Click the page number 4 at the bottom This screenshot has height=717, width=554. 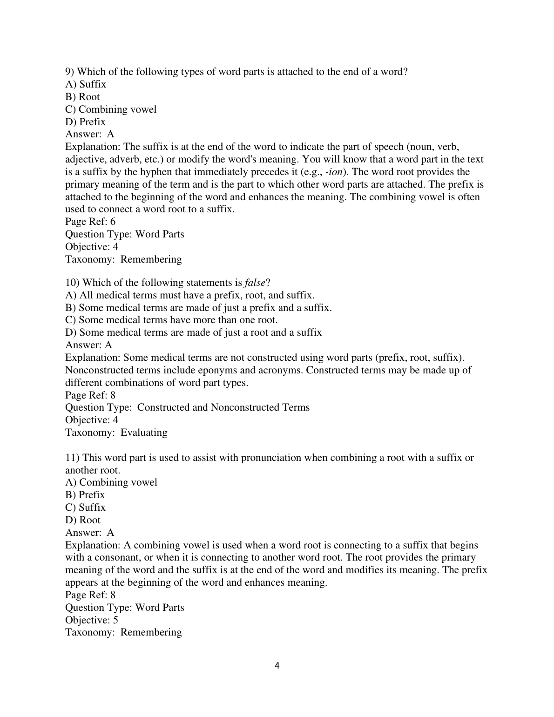coord(277,666)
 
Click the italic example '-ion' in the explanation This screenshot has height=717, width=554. coord(334,172)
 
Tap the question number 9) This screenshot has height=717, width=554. coord(70,72)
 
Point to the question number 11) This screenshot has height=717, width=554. coord(72,458)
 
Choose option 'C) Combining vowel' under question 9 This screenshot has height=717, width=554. coord(111,109)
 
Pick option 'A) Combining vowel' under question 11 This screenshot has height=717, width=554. coord(111,482)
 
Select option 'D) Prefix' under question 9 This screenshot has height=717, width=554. coord(85,122)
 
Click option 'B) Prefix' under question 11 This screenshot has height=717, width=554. coord(85,495)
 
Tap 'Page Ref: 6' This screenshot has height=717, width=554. coord(90,222)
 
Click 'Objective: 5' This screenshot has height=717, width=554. coord(92,620)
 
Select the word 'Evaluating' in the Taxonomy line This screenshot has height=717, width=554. coord(144,433)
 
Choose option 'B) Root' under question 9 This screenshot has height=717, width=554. coord(82,97)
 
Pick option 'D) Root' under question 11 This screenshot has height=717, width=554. coord(83,520)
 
